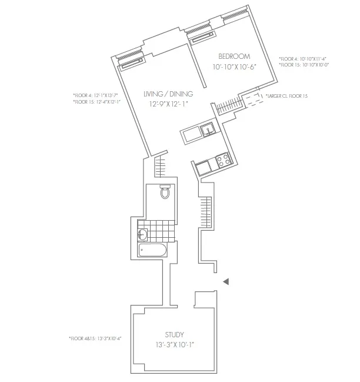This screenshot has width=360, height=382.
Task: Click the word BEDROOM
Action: (231, 56)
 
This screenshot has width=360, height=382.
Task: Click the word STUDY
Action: (174, 335)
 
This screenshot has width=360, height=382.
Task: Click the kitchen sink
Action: (206, 130)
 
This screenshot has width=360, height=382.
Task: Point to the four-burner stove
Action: (222, 159)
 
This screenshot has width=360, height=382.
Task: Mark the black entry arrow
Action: (226, 283)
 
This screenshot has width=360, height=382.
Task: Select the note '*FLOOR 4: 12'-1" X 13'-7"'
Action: (96, 94)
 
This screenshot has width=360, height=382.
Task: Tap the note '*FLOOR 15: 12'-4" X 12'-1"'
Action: (96, 101)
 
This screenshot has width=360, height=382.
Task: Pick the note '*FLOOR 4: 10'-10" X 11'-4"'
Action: (304, 59)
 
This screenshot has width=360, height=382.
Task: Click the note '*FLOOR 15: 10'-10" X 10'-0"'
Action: (304, 65)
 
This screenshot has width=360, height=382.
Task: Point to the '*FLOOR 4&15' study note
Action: (95, 338)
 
